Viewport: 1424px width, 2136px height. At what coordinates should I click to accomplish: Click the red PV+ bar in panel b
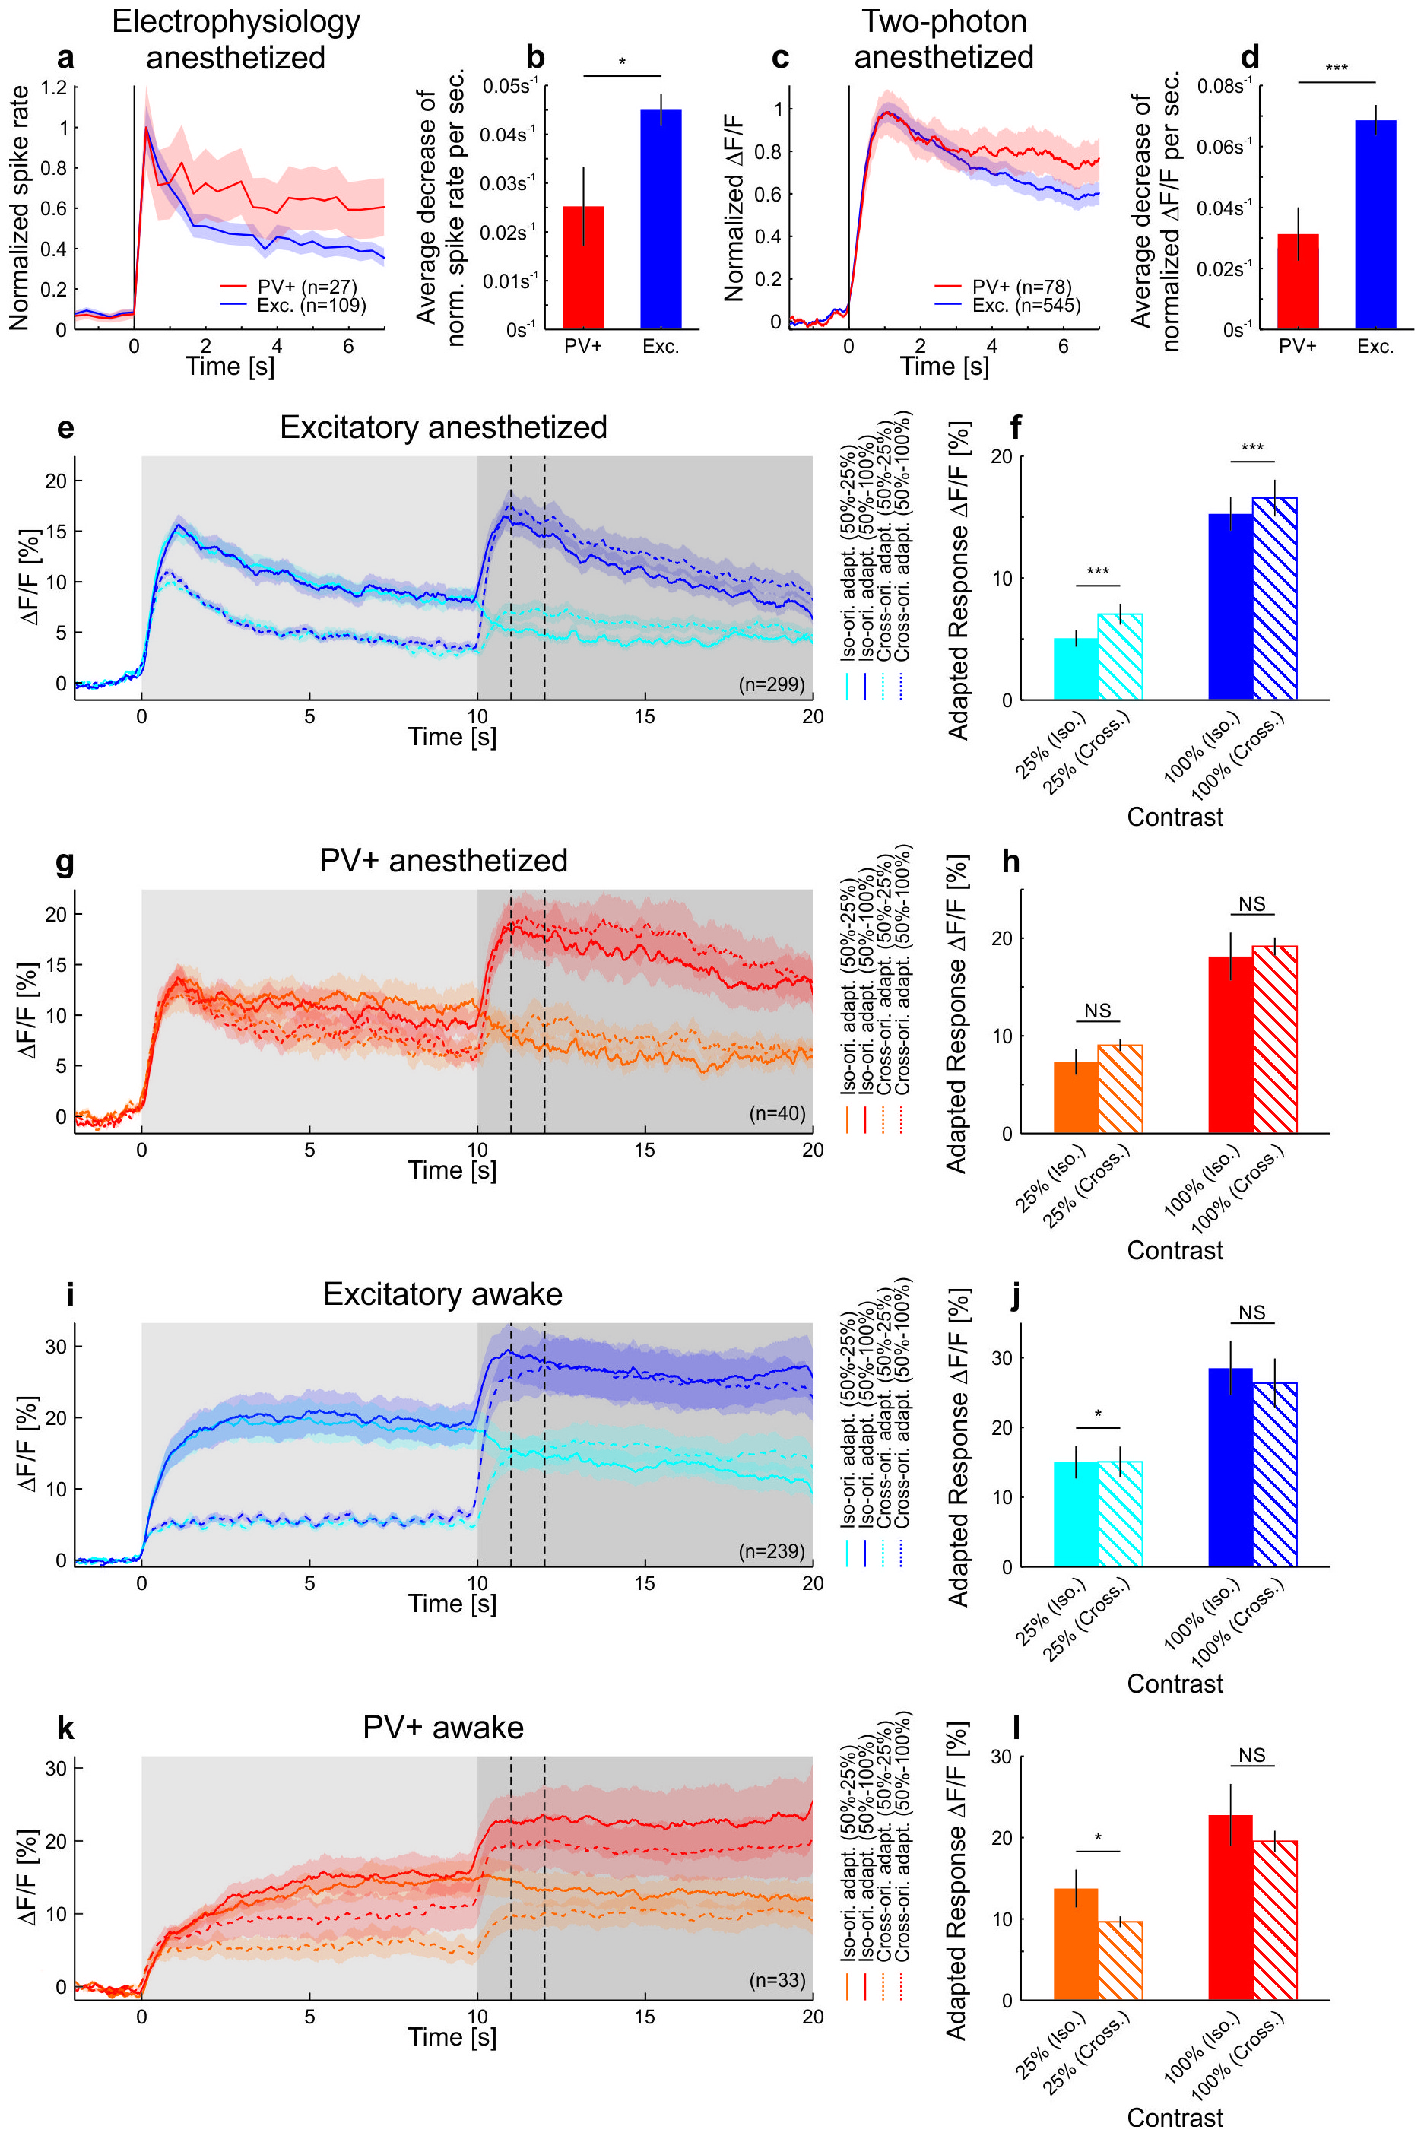583,268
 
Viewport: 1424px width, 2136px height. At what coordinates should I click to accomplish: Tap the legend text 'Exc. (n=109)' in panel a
312,305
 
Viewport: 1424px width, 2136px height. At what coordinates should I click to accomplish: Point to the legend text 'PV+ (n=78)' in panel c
1022,287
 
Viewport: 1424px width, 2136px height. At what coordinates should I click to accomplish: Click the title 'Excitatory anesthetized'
443,428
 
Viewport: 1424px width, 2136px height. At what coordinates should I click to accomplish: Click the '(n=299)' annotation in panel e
771,684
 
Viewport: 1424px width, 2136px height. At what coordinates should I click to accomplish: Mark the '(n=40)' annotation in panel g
776,1112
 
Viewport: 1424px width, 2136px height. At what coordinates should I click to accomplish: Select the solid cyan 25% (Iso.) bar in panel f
1075,668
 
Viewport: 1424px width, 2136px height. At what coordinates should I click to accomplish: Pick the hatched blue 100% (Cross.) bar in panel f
1274,598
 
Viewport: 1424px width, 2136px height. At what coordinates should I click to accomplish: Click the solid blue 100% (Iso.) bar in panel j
1231,1468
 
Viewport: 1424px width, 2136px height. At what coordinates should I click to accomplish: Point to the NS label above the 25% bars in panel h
1098,1011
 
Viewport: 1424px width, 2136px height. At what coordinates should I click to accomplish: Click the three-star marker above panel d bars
1336,69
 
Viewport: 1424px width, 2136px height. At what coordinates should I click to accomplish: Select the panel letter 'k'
65,1728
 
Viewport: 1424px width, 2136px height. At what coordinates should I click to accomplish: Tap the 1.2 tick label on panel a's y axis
53,88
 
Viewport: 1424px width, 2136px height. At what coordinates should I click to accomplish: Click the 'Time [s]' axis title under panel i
452,1603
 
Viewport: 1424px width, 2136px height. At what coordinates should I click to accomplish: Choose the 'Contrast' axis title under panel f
1175,817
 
